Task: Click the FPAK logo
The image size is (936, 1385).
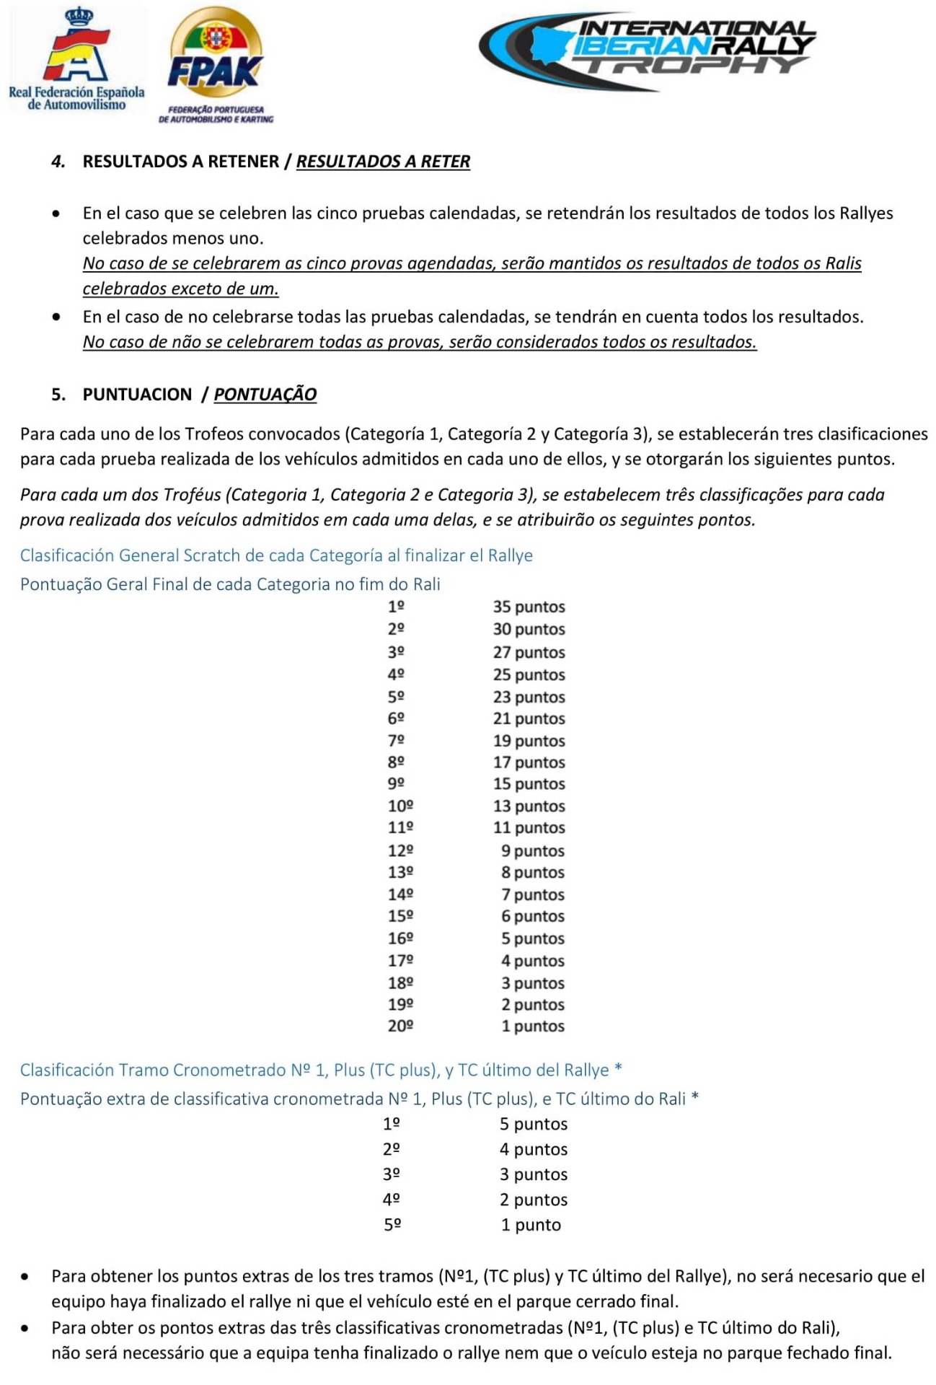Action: pyautogui.click(x=215, y=65)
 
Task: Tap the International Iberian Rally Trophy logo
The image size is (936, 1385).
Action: pyautogui.click(x=648, y=51)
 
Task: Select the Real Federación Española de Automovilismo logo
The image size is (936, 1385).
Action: pyautogui.click(x=76, y=60)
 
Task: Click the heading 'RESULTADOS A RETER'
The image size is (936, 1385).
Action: pyautogui.click(x=383, y=161)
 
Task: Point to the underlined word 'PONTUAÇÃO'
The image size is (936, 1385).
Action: pyautogui.click(x=265, y=394)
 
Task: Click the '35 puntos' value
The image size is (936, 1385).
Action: pyautogui.click(x=529, y=607)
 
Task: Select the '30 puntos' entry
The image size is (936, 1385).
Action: pyautogui.click(x=529, y=629)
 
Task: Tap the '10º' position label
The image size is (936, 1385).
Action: pyautogui.click(x=400, y=806)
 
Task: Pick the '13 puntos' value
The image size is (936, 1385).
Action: pyautogui.click(x=529, y=806)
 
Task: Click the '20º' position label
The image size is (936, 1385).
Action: pyautogui.click(x=400, y=1026)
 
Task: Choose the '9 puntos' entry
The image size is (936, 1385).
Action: pyautogui.click(x=533, y=850)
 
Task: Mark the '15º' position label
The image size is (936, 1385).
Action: pyautogui.click(x=400, y=916)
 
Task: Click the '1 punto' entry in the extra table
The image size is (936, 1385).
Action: pyautogui.click(x=531, y=1224)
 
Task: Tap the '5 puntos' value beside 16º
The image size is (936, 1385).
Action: pyautogui.click(x=533, y=938)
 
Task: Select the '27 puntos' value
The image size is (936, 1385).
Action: pyautogui.click(x=529, y=652)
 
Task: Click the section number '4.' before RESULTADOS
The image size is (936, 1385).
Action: pyautogui.click(x=58, y=162)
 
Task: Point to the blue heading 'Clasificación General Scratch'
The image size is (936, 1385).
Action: pyautogui.click(x=276, y=555)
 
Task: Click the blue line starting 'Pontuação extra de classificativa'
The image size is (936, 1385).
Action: pyautogui.click(x=359, y=1099)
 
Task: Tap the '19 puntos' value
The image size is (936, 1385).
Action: pyautogui.click(x=529, y=741)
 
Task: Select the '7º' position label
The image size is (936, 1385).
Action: pyautogui.click(x=396, y=741)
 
